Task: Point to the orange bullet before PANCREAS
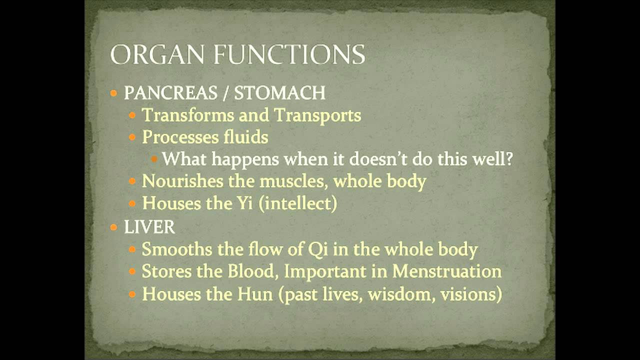(x=114, y=93)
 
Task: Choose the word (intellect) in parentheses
(x=298, y=203)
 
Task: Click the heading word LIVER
(x=149, y=227)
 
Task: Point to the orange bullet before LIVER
(x=114, y=227)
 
